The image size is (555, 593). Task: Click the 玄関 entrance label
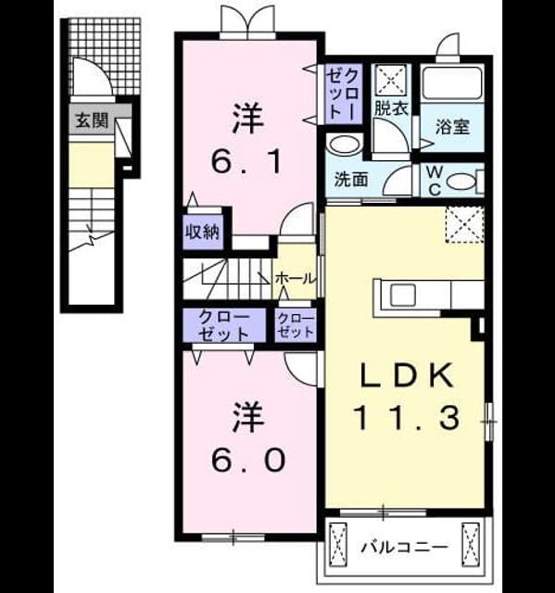[x=92, y=120]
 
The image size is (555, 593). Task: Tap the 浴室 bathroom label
[x=452, y=127]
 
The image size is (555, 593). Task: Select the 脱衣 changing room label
[x=391, y=108]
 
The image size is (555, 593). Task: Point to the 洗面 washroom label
[x=351, y=180]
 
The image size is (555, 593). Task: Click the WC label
[x=435, y=182]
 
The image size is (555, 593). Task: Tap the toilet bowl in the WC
[x=460, y=182]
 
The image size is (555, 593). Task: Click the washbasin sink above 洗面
[x=344, y=145]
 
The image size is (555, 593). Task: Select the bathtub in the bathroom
[x=452, y=83]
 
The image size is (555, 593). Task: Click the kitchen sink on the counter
[x=403, y=296]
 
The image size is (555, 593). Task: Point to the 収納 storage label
[x=202, y=232]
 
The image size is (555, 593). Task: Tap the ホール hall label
[x=295, y=279]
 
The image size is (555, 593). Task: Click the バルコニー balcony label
[x=405, y=548]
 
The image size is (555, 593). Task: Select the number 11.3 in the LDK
[x=408, y=417]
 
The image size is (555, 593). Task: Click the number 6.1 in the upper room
[x=246, y=160]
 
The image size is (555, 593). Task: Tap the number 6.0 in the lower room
[x=247, y=460]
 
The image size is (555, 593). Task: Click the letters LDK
[x=407, y=374]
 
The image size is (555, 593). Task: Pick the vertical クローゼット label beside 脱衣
[x=343, y=94]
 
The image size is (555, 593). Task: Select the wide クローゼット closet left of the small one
[x=224, y=325]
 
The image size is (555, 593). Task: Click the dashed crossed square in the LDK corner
[x=465, y=224]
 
